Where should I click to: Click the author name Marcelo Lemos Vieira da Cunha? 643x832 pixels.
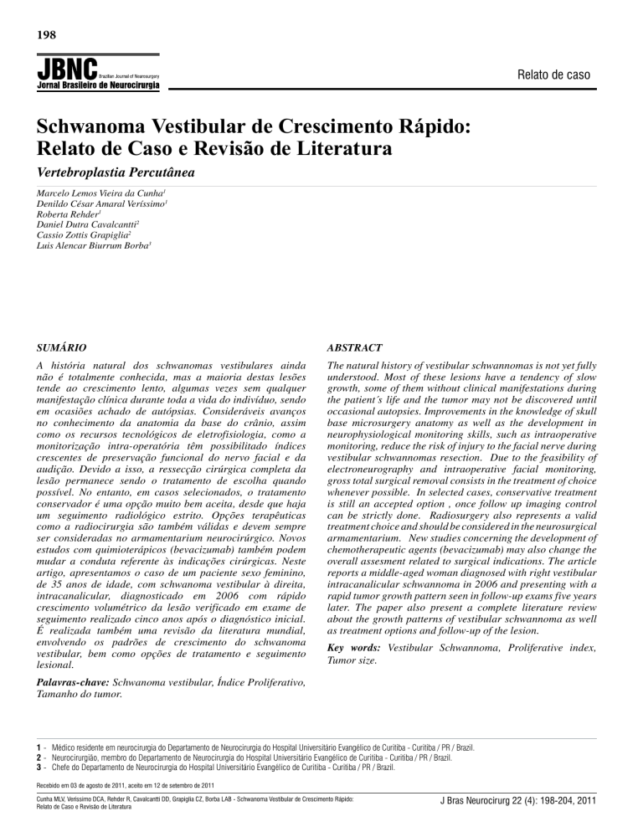pyautogui.click(x=92, y=193)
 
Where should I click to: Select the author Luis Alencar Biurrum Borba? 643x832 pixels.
pyautogui.click(x=94, y=248)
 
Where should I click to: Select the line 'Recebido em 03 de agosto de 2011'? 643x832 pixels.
pyautogui.click(x=122, y=784)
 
